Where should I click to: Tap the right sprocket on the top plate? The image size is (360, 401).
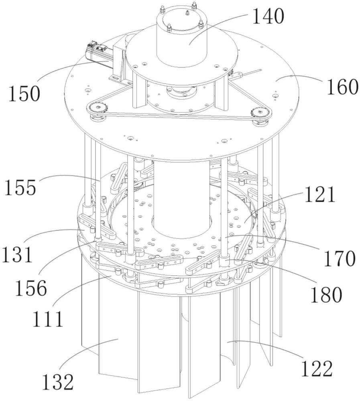[258, 113]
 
